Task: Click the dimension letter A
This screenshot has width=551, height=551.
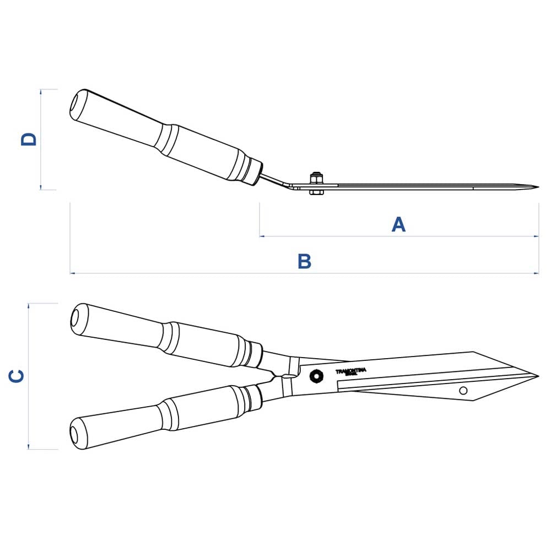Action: pos(398,224)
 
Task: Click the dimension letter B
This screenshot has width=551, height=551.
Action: pos(304,261)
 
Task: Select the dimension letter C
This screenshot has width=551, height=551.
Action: pos(17,376)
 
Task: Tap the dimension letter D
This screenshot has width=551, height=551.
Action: pos(29,139)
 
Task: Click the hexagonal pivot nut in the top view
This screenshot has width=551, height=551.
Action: pos(316,375)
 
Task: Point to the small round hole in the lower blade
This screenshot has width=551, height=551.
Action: pos(463,391)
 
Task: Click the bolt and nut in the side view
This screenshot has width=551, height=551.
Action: pos(316,183)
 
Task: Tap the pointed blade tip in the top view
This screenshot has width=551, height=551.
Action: pos(536,376)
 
